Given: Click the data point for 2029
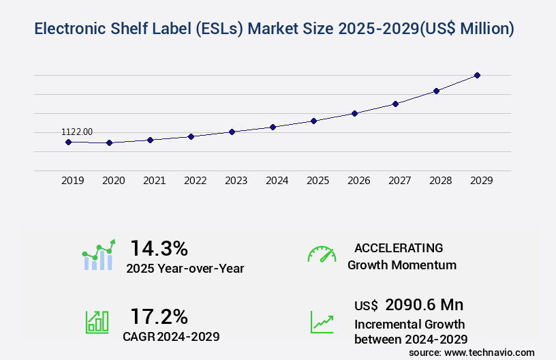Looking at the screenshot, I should click(477, 75).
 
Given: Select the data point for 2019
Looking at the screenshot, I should click(68, 142).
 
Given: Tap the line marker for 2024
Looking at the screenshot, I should click(273, 127).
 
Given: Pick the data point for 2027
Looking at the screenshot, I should click(395, 104).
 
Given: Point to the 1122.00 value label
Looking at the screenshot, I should click(77, 132).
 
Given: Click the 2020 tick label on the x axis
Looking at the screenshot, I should click(114, 181).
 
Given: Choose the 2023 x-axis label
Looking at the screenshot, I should click(236, 181).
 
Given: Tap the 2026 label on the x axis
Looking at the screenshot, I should click(359, 181).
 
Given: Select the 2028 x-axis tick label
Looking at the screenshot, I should click(441, 181).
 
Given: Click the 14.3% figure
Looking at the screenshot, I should click(159, 248).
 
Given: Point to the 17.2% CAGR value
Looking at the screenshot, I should click(159, 316).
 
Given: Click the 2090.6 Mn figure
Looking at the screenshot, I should click(424, 305).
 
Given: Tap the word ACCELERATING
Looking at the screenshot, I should click(399, 247).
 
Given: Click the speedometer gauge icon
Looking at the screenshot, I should click(322, 254).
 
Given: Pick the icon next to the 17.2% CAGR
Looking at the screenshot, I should click(97, 322).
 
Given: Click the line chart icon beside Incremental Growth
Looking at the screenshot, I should click(322, 322).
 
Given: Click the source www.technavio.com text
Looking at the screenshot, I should click(472, 352).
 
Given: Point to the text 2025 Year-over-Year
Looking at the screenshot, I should click(185, 269).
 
